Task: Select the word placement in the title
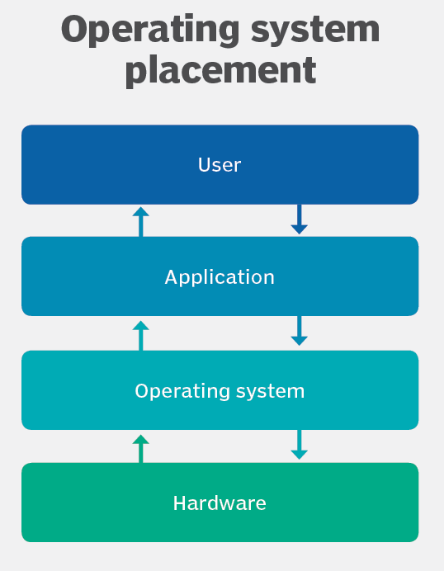[220, 69]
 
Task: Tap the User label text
[220, 165]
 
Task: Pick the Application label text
[220, 277]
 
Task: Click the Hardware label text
[220, 503]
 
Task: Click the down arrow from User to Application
[299, 219]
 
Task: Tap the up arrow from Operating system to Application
[141, 335]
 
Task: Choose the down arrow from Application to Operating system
[299, 331]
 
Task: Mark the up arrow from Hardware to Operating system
[141, 448]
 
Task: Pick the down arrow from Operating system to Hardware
[299, 445]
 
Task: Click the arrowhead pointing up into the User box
[141, 211]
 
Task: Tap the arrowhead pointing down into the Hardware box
[299, 455]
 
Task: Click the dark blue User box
[83, 165]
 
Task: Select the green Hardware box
[83, 503]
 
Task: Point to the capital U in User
[204, 165]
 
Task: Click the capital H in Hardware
[179, 503]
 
